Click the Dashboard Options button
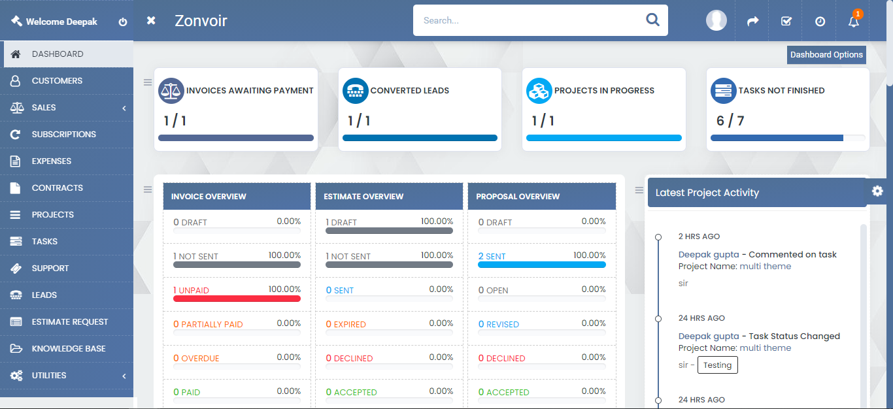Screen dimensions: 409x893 point(826,55)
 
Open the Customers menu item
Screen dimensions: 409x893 point(57,81)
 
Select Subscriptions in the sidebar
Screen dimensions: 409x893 point(63,135)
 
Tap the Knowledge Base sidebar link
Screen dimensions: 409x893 point(68,349)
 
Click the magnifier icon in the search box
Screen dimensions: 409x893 point(652,20)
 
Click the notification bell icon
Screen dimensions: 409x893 point(853,22)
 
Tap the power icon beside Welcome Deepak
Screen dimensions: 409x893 point(123,22)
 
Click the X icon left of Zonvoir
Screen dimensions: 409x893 point(151,21)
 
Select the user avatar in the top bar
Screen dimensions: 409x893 point(716,20)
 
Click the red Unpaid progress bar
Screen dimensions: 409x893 point(237,299)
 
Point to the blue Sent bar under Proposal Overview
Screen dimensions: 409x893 point(542,265)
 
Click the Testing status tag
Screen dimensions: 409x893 point(717,365)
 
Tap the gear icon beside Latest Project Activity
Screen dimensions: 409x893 point(877,191)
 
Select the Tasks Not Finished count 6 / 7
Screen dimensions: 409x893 point(730,121)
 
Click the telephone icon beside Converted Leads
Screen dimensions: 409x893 point(356,91)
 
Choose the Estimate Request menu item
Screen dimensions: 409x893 point(69,322)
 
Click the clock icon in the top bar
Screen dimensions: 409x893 point(820,22)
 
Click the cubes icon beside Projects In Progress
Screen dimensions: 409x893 point(539,91)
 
